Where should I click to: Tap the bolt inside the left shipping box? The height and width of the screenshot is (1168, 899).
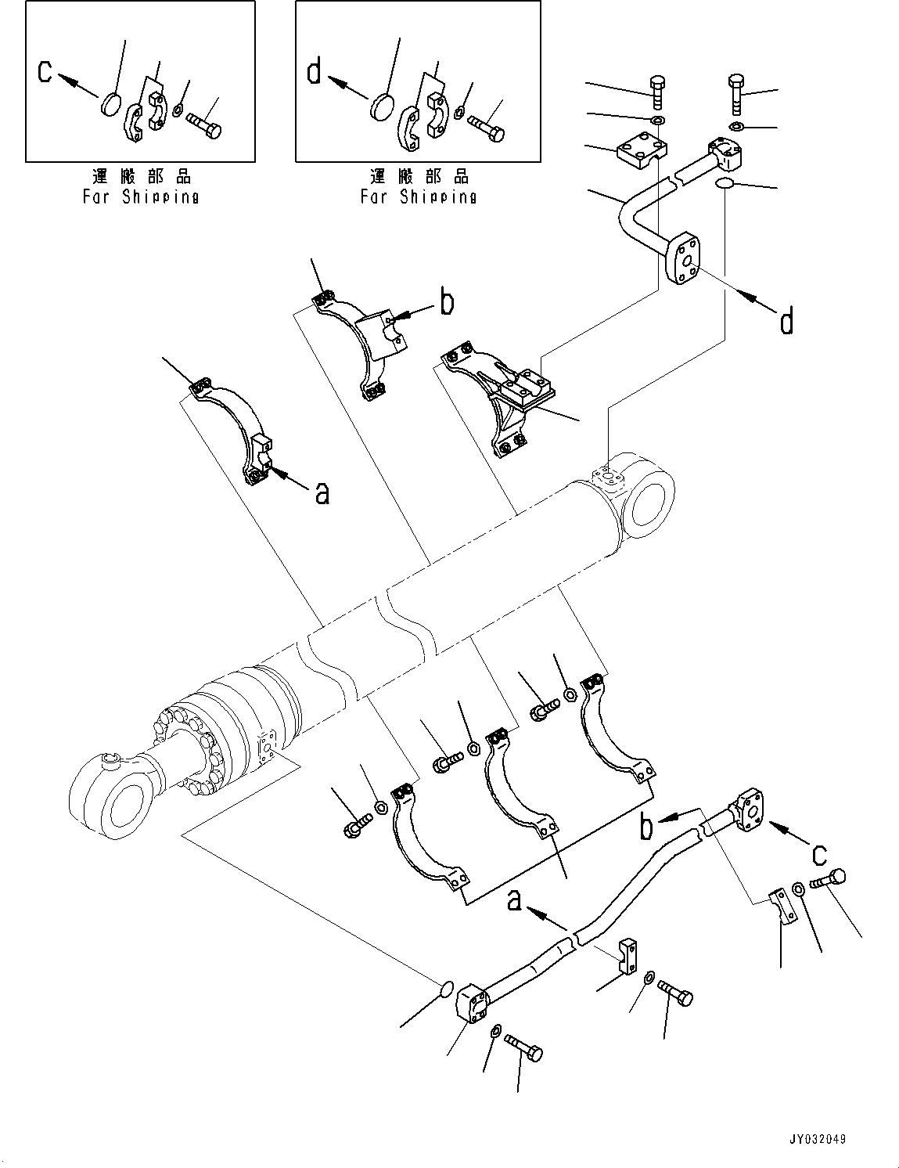point(204,124)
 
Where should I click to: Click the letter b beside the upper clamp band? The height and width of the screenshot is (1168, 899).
point(447,303)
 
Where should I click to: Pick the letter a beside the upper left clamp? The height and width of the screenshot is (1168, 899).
point(322,493)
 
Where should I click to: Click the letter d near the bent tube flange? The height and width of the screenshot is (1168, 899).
point(786,322)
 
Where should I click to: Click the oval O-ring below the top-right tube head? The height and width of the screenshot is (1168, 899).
point(724,184)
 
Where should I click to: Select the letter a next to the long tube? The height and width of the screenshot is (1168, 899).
point(515,900)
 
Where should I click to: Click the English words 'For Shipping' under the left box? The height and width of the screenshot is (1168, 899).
point(141,197)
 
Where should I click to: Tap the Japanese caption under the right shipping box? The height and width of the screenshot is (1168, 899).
point(419,176)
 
